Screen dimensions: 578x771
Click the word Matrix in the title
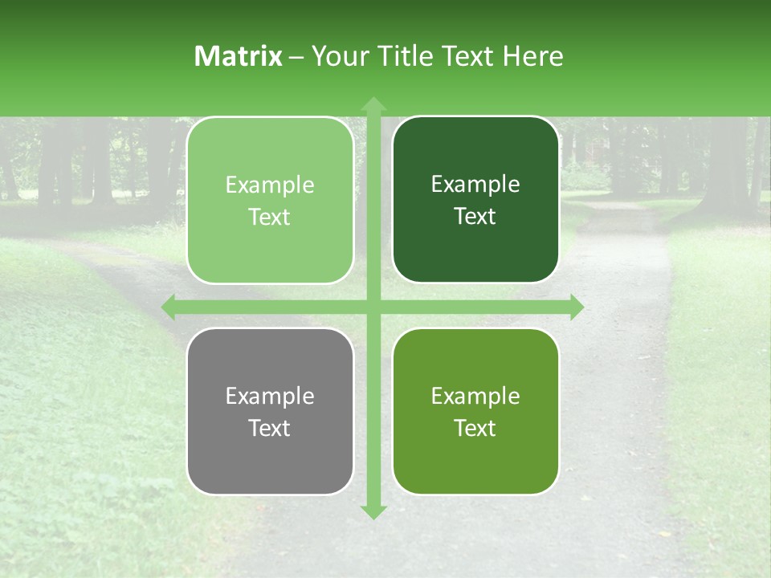pos(239,56)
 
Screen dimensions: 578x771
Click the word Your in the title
pos(337,56)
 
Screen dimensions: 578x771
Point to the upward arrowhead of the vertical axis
pos(373,104)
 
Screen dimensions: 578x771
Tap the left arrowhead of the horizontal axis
pos(169,307)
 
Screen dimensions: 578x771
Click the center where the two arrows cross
pos(373,307)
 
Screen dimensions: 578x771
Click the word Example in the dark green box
pos(475,185)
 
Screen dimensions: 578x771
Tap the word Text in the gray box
pos(270,428)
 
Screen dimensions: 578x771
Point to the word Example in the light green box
pos(270,185)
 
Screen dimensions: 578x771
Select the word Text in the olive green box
pos(475,428)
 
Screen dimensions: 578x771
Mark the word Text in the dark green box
pos(475,217)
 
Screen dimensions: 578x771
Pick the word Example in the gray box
pos(270,396)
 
